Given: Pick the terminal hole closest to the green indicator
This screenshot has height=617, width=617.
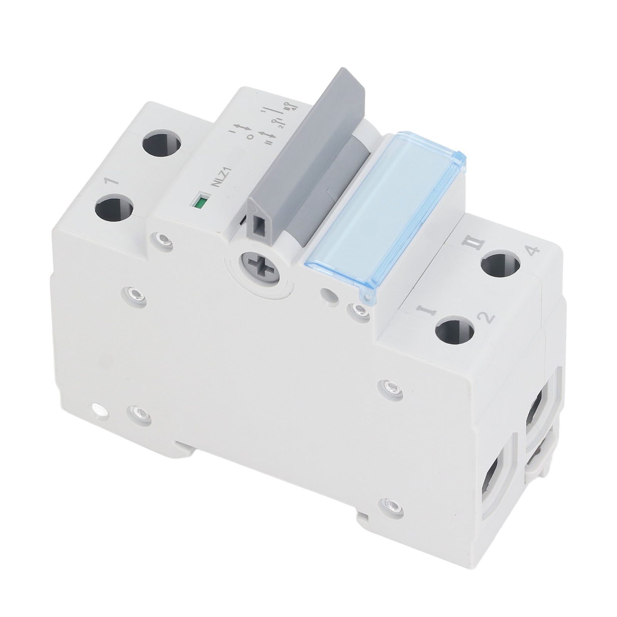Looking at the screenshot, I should (x=114, y=208).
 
